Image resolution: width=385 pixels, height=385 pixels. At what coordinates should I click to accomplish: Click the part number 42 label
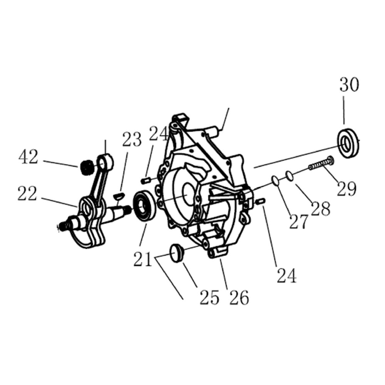tap(28, 157)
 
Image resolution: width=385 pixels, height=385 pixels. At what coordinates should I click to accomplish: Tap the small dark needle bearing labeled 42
tap(86, 167)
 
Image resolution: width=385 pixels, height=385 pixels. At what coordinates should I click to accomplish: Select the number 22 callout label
tap(27, 194)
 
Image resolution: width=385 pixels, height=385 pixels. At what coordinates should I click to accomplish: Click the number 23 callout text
tap(132, 139)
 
